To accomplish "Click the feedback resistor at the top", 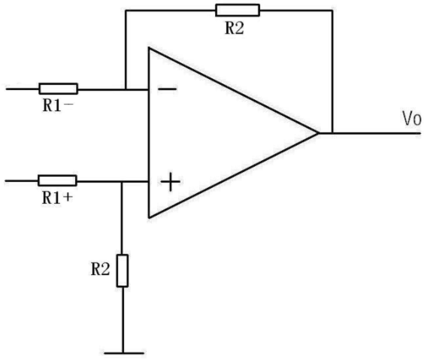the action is pos(238,11).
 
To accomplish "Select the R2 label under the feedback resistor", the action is pos(234,28).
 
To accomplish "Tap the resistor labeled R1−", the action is pos(59,89).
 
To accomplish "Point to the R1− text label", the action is pos(58,105).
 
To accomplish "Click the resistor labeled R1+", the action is pos(57,180).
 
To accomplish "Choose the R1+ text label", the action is pos(57,198).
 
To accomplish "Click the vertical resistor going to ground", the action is pos(123,271).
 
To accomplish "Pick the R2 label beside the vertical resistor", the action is pos(100,270).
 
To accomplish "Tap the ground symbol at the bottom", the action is pos(124,353).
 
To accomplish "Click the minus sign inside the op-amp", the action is pos(168,89).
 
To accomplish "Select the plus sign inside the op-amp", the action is pos(171,182).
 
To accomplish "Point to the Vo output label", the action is pos(412,119).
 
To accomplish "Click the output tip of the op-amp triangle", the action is pos(318,133).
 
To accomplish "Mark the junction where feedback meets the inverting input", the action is pos(126,89).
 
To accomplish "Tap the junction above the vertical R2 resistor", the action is pos(122,181).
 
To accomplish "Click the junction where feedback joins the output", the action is pos(332,133).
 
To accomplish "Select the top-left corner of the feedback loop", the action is pos(126,11).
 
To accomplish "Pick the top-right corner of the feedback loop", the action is pos(332,11).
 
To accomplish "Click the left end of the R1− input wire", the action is pos(7,89).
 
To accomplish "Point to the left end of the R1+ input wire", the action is pos(5,180).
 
